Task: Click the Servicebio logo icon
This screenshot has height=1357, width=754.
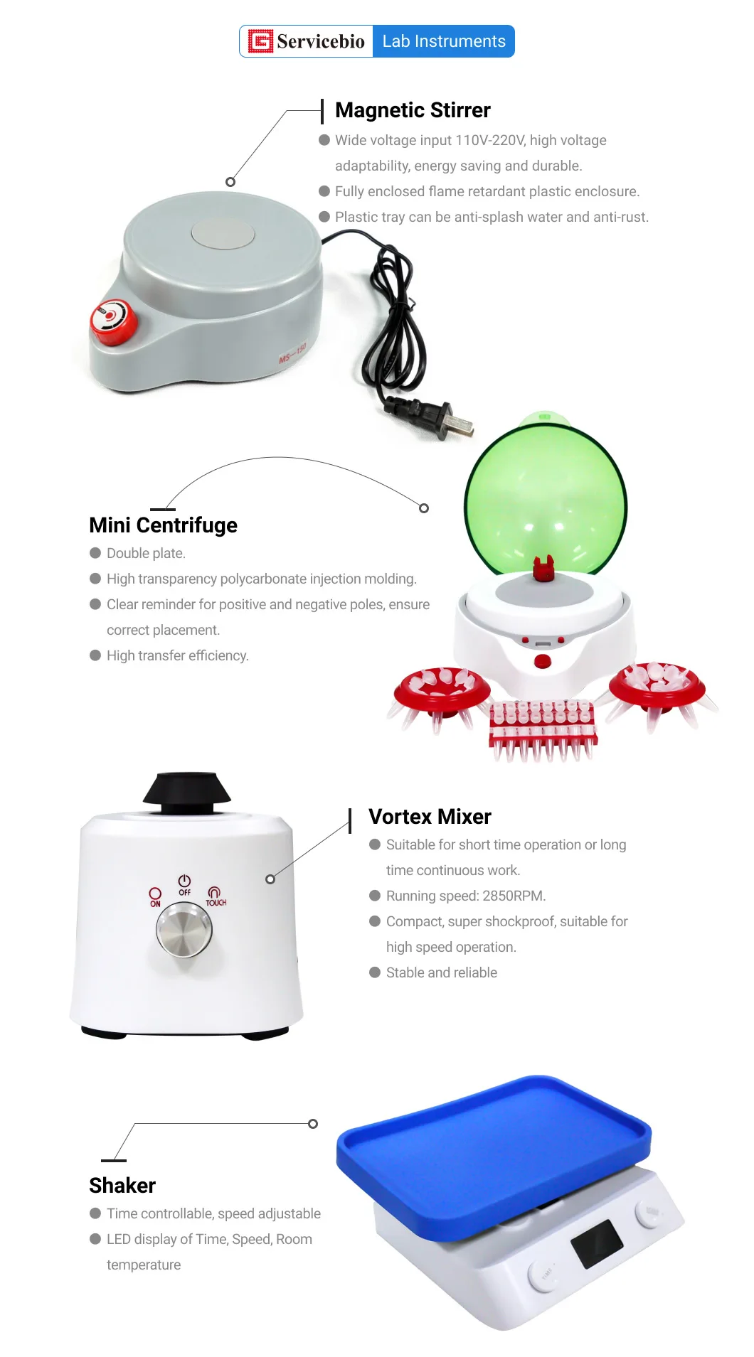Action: [260, 41]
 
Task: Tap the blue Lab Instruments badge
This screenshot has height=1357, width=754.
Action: [444, 41]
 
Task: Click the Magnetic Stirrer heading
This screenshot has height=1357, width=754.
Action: [413, 110]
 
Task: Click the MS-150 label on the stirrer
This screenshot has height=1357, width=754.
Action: [292, 353]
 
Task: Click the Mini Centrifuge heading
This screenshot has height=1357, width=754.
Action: [163, 525]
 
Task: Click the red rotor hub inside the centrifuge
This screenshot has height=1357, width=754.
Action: [543, 570]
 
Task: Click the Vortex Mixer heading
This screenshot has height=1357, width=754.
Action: [430, 817]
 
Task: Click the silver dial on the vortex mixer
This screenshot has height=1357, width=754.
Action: [184, 930]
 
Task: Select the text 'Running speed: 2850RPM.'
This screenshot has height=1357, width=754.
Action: [466, 896]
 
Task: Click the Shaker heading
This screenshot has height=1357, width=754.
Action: [122, 1185]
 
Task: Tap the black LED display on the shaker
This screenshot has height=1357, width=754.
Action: [596, 1243]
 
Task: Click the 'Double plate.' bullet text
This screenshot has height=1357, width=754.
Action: [146, 553]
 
